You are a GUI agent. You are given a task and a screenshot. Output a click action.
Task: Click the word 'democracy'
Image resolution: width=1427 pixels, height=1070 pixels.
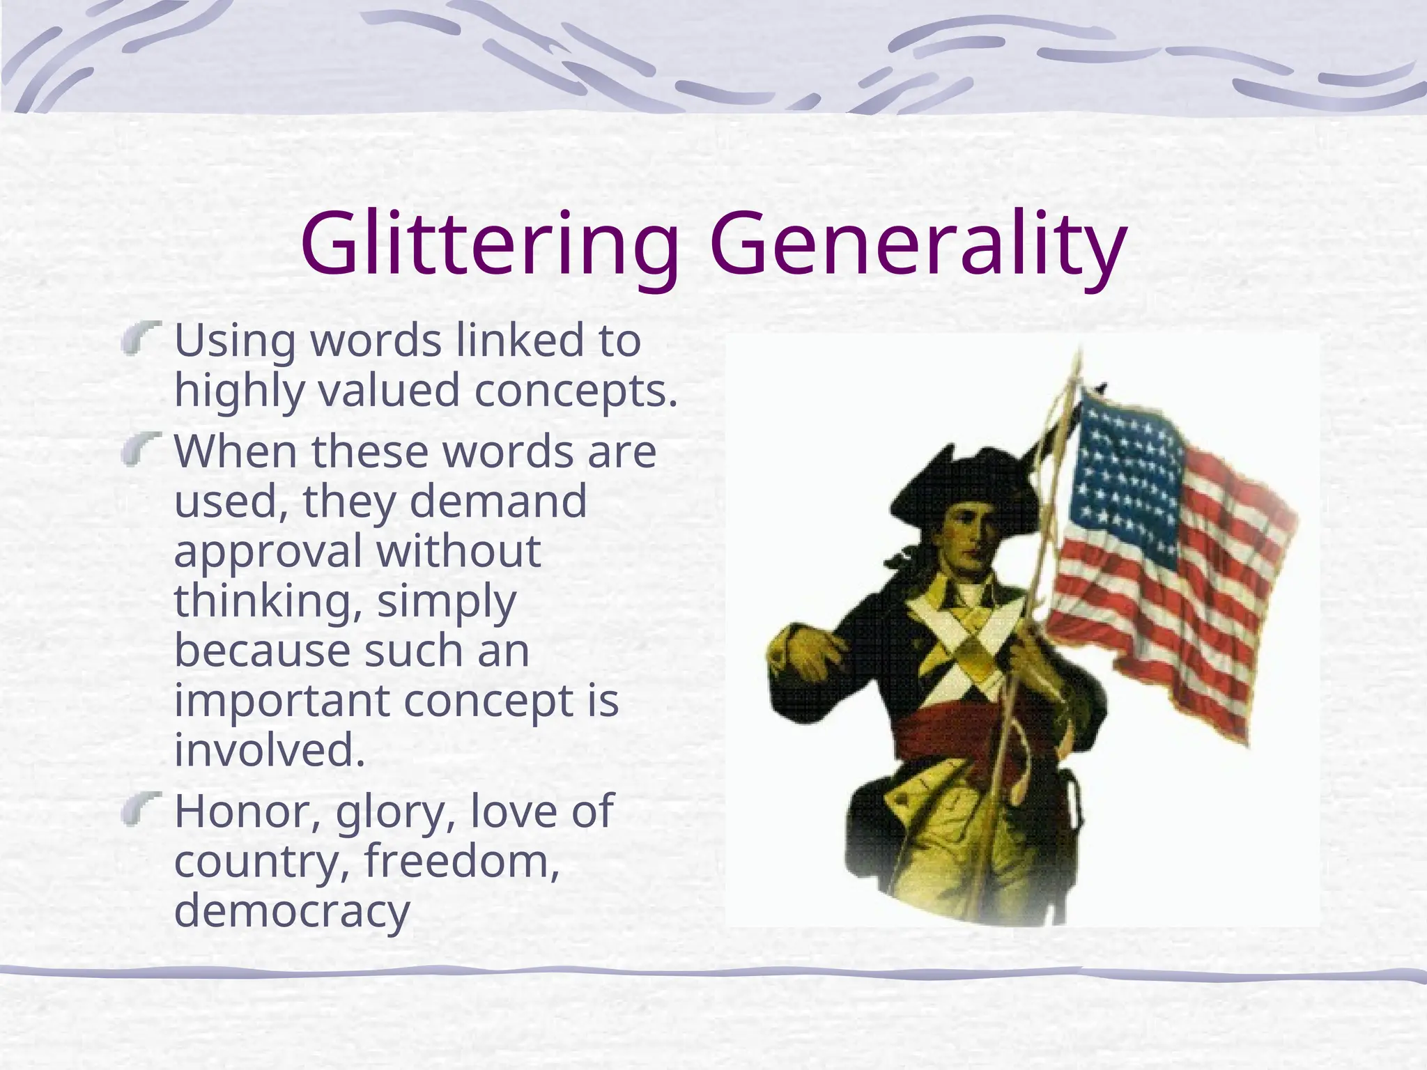click(x=292, y=911)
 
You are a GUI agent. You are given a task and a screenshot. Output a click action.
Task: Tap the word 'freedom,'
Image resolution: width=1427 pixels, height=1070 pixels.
click(x=462, y=861)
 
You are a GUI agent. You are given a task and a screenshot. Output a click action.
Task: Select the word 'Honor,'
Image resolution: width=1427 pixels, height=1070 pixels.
click(x=247, y=812)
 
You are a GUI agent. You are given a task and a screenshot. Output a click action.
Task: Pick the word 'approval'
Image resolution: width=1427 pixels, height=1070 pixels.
click(x=268, y=552)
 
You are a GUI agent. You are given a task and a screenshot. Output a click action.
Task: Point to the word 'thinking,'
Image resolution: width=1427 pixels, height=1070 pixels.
click(x=268, y=601)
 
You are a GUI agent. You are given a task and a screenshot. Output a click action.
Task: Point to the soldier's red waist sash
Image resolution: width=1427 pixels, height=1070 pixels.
click(x=955, y=731)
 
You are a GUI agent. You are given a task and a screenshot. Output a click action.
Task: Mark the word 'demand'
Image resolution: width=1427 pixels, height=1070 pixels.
click(x=497, y=502)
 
